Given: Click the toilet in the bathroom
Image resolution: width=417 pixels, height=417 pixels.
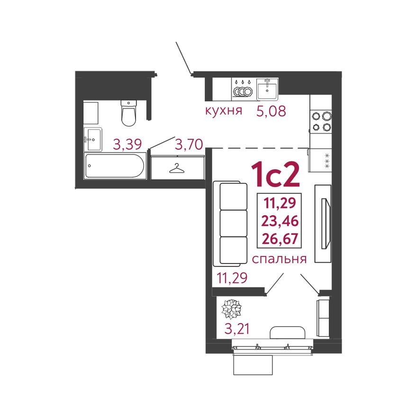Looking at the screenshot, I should [128, 113].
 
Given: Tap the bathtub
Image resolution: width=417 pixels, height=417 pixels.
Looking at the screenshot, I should [115, 165].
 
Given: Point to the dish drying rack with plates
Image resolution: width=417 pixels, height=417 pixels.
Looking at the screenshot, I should [243, 89].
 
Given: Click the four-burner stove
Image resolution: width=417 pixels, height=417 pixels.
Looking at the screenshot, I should [320, 121].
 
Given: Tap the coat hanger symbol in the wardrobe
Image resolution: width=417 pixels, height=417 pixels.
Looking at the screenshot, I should [177, 168].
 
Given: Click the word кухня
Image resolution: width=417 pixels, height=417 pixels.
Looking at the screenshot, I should [224, 111].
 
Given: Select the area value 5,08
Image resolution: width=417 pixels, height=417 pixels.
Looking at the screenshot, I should [272, 112].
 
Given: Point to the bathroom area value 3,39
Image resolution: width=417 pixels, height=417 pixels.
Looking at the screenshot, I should [127, 144].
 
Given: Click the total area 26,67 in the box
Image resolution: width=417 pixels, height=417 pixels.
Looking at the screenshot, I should [279, 238].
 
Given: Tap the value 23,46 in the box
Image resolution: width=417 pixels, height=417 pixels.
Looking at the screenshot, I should [279, 221].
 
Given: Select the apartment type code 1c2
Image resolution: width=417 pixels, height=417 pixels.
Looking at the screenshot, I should [275, 174].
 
